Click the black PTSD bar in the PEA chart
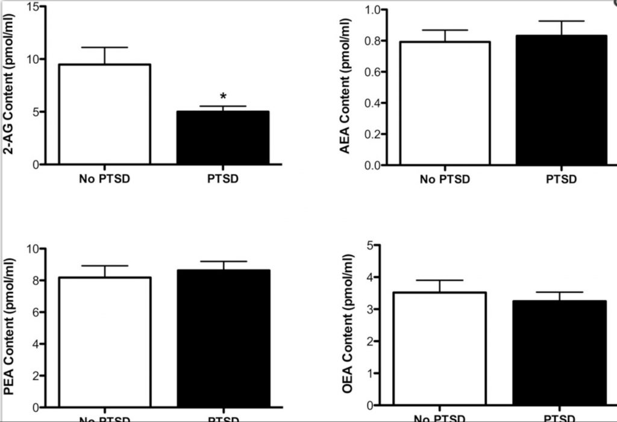point(223,338)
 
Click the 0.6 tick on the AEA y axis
point(377,72)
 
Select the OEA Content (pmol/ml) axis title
point(348,326)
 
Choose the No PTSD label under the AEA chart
point(445,179)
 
